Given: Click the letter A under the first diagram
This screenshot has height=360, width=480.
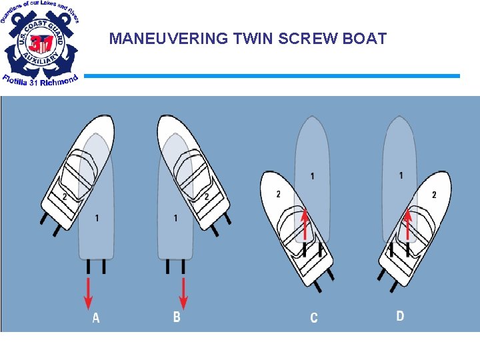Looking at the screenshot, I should (x=96, y=319).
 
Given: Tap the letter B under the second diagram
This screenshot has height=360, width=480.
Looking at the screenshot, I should (x=177, y=317).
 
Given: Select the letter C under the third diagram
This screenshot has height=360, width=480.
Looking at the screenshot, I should (x=314, y=318).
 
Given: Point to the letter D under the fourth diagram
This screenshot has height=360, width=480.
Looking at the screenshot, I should (x=400, y=316).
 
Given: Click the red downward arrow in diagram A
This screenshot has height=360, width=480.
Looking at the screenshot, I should (x=88, y=293).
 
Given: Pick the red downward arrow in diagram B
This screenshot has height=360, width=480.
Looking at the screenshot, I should (x=183, y=293).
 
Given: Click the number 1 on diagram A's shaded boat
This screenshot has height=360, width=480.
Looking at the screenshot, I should (x=97, y=218).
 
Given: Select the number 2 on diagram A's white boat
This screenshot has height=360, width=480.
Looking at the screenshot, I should (x=64, y=197).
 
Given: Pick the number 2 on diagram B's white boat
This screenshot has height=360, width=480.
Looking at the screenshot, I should (x=207, y=197).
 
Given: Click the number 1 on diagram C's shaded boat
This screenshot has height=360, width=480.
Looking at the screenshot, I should (x=312, y=176).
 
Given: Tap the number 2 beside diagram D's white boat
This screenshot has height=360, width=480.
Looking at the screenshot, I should (x=435, y=195).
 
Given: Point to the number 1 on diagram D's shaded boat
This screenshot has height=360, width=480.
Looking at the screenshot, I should (x=401, y=175).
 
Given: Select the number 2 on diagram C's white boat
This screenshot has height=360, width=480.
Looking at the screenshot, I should (x=278, y=194).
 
